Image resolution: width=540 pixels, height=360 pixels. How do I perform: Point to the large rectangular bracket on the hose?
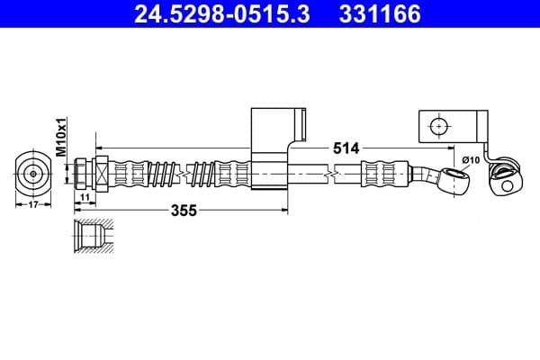[269, 148]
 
